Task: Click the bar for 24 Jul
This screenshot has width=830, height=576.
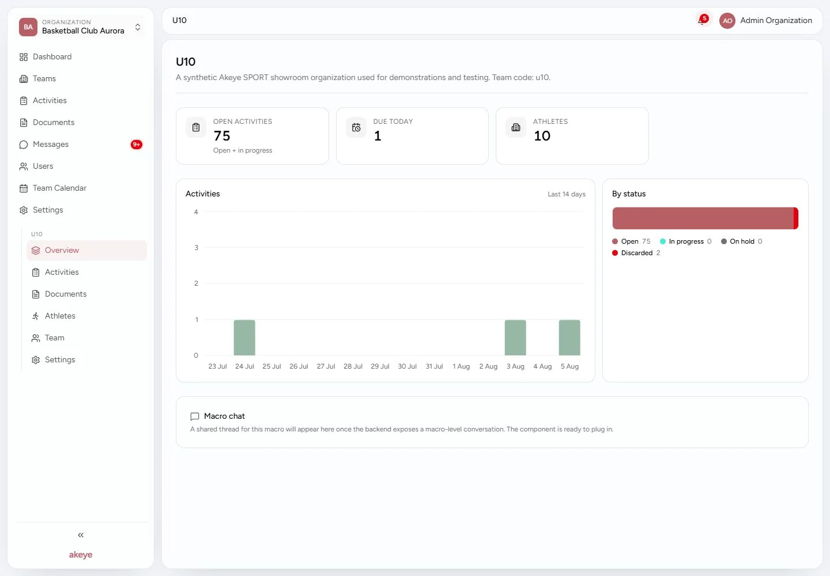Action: click(x=244, y=337)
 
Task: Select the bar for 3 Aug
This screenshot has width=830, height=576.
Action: click(x=515, y=337)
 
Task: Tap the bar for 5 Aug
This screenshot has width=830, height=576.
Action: click(x=569, y=337)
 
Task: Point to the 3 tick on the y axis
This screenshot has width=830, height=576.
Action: click(x=196, y=247)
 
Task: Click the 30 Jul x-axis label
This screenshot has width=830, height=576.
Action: click(x=407, y=366)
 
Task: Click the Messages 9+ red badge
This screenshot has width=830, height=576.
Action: click(x=137, y=145)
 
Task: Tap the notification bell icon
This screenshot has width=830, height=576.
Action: click(x=701, y=21)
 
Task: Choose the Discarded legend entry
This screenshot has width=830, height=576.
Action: click(x=636, y=253)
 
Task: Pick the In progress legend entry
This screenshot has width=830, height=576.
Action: click(x=685, y=241)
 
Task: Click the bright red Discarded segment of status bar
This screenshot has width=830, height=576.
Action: click(x=795, y=218)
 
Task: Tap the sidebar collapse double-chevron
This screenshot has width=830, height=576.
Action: click(x=81, y=535)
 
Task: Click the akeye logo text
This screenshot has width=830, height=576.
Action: click(x=81, y=555)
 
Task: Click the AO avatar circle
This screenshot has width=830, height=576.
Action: click(x=727, y=21)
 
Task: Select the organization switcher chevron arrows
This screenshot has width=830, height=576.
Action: click(x=137, y=27)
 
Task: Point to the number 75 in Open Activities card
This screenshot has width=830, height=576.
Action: click(x=222, y=136)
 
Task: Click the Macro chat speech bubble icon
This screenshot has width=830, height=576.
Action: click(x=195, y=416)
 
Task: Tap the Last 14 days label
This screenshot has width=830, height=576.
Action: click(x=567, y=194)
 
